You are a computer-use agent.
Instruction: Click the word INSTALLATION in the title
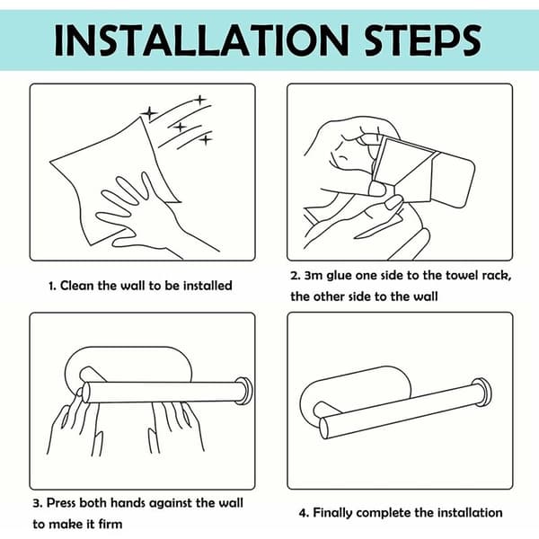pyautogui.click(x=202, y=40)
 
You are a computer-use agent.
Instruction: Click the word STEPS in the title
pyautogui.click(x=422, y=40)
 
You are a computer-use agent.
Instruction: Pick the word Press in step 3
pyautogui.click(x=61, y=503)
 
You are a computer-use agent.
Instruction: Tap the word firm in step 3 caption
pyautogui.click(x=110, y=525)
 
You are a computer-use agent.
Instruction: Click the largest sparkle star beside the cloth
pyautogui.click(x=149, y=113)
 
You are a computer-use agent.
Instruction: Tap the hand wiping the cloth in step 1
pyautogui.click(x=148, y=216)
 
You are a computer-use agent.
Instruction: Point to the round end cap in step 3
pyautogui.click(x=244, y=391)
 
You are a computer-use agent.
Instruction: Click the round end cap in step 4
pyautogui.click(x=482, y=392)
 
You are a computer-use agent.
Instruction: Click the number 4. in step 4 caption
pyautogui.click(x=304, y=513)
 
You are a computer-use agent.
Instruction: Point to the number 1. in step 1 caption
pyautogui.click(x=52, y=286)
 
